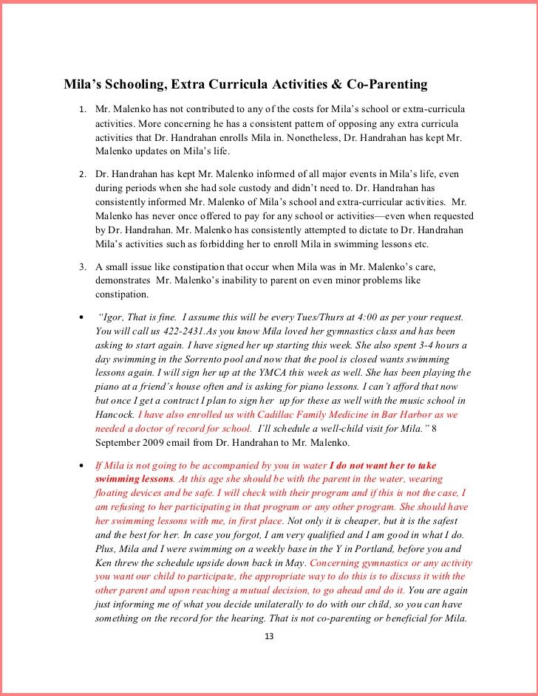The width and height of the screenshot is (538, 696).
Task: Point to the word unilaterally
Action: coord(268,604)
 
